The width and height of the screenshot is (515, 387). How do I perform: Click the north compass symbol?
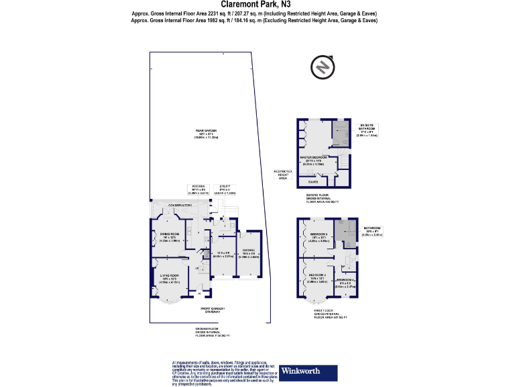click(x=323, y=68)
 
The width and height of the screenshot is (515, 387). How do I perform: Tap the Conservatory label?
click(x=165, y=207)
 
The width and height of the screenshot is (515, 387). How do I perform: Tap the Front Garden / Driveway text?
click(x=213, y=310)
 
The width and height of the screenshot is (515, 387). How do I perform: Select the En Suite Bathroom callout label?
click(x=368, y=129)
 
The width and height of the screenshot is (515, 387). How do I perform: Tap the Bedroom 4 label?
click(x=346, y=281)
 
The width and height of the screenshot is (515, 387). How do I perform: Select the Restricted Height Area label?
click(x=284, y=175)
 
